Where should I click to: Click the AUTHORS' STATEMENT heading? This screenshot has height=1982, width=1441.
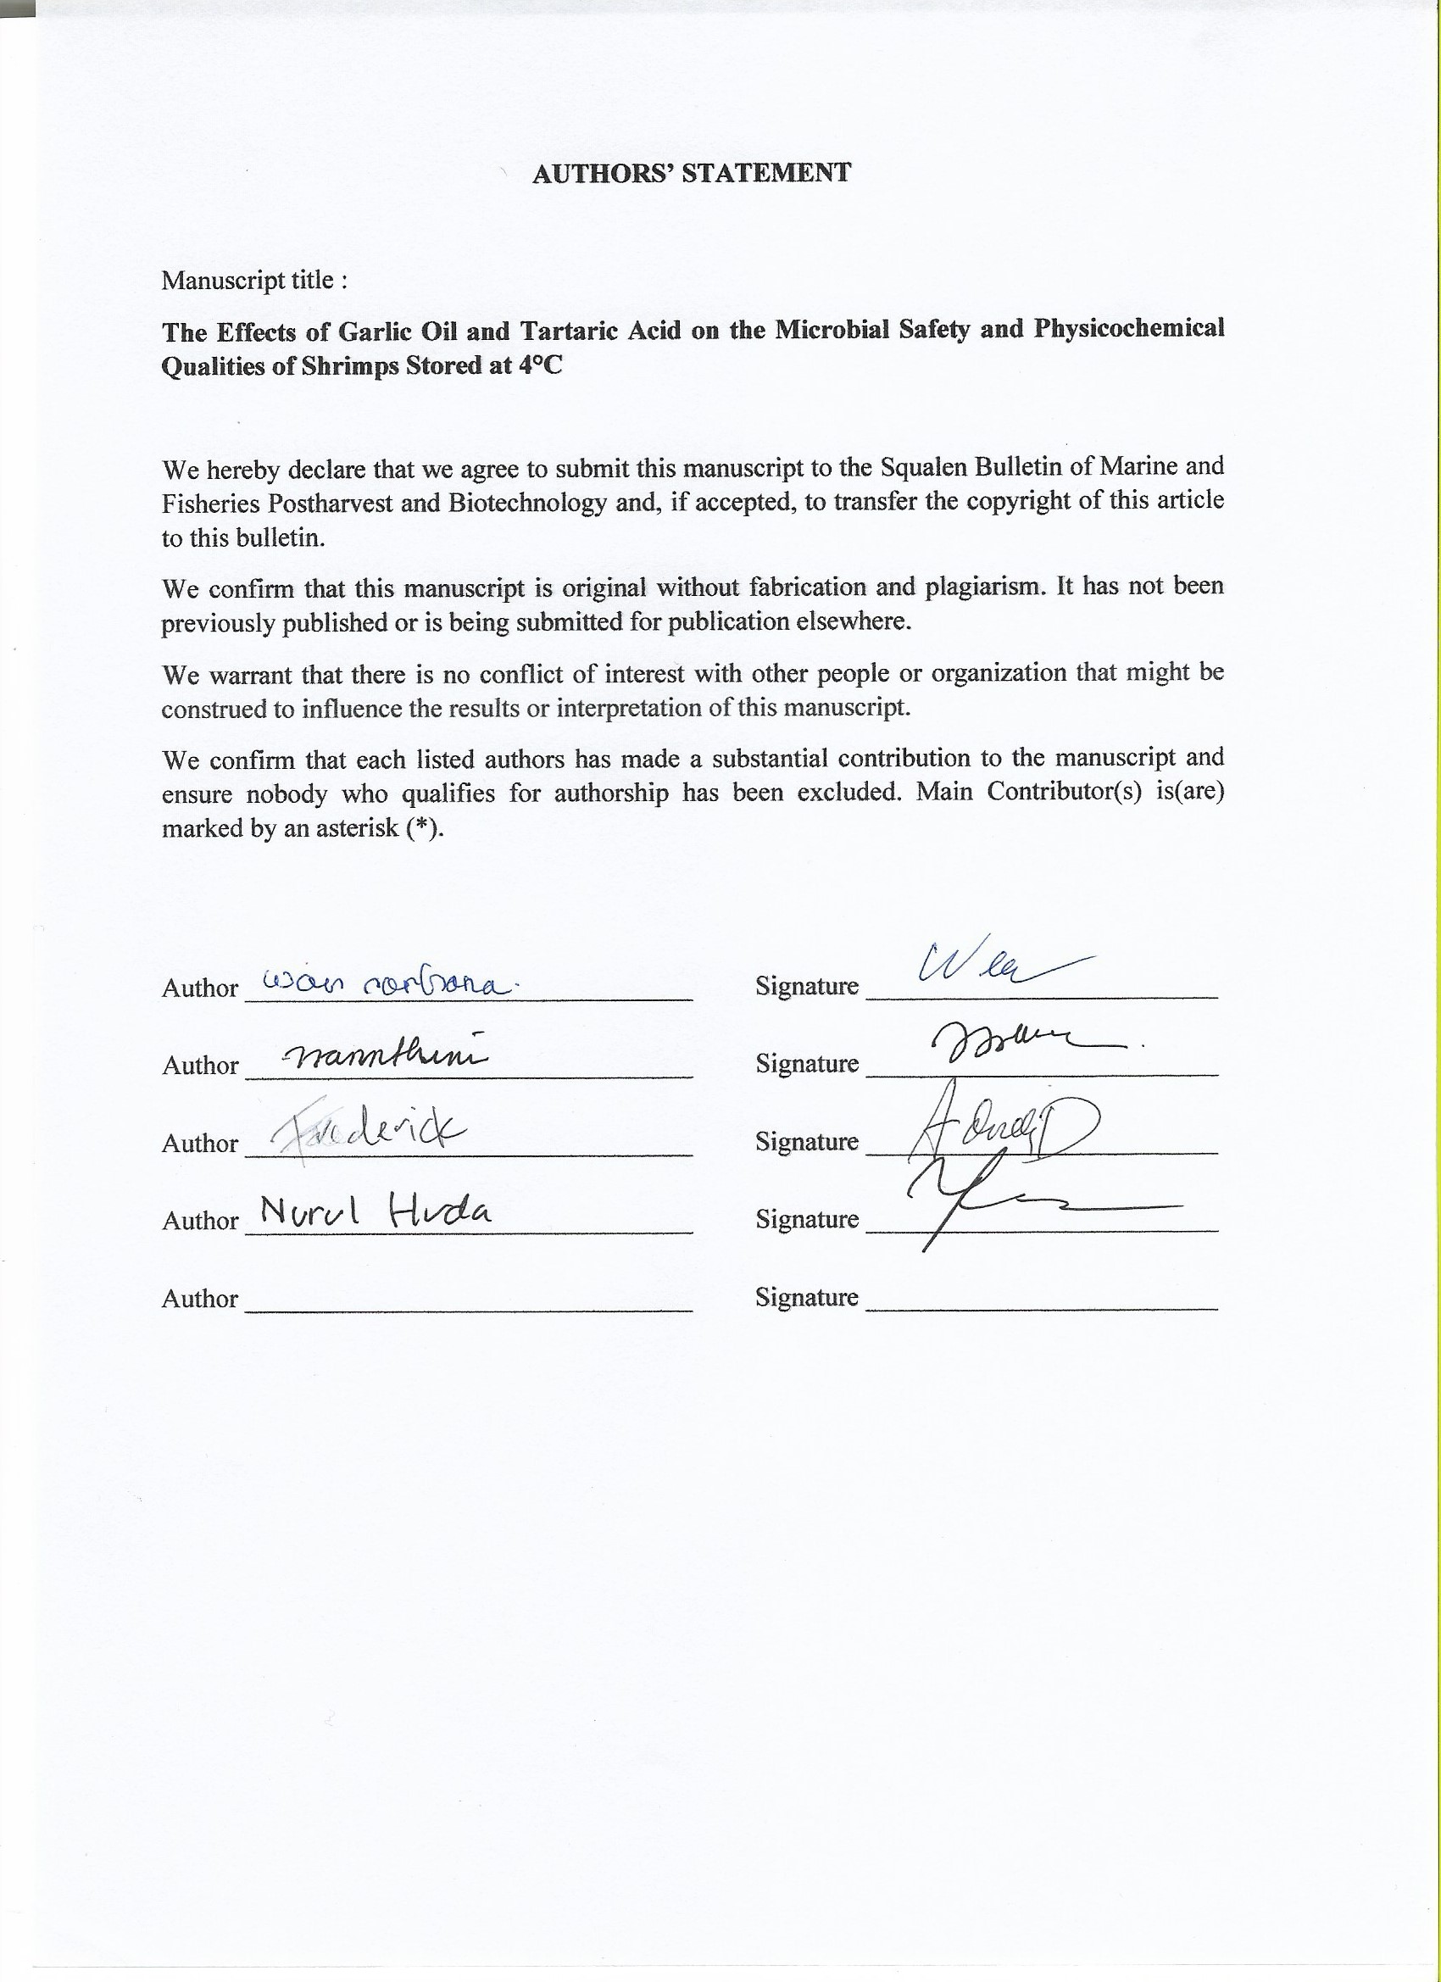coord(690,173)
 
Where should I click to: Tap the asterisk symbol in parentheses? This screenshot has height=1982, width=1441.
coord(425,828)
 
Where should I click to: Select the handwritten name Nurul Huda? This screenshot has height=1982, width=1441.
coord(376,1212)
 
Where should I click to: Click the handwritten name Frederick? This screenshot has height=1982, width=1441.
coord(368,1136)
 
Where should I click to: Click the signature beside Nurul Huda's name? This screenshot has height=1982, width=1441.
coord(1031,1201)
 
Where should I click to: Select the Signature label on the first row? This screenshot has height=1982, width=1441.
coord(807,987)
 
